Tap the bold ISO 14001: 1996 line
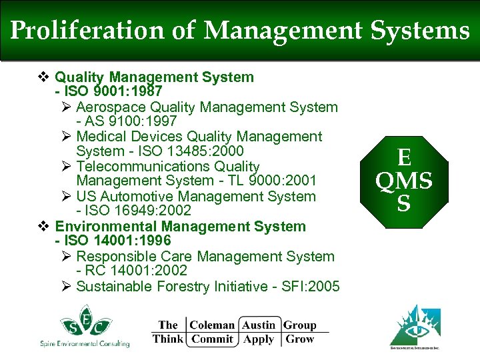117,241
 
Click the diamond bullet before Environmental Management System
43,226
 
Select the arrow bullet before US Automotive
66,196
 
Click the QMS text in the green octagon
403,181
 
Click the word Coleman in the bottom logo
212,325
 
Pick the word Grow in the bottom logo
299,339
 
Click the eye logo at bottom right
419,327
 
